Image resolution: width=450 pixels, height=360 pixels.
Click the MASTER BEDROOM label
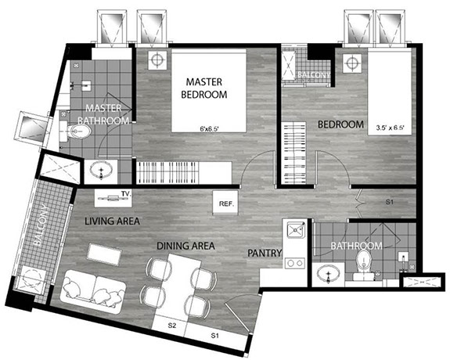206,88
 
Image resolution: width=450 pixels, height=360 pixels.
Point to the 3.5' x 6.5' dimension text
391,128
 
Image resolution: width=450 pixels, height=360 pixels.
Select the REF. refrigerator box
227,204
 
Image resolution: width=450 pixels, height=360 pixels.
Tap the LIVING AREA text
113,221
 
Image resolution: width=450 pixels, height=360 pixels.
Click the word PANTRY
260,254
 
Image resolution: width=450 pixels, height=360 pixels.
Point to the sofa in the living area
94,288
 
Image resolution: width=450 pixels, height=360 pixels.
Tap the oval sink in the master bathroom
101,167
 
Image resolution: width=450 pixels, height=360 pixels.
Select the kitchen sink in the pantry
296,230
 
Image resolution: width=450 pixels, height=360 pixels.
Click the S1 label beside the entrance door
214,336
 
